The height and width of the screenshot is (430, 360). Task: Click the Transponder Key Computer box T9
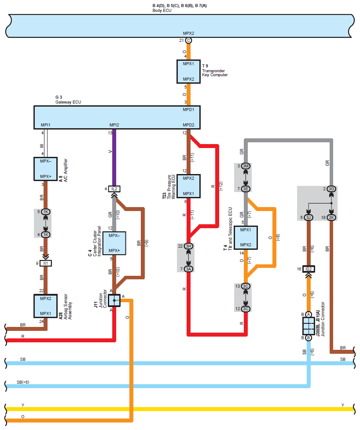188,71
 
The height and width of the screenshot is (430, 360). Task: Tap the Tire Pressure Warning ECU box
188,186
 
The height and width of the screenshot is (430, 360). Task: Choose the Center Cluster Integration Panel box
114,244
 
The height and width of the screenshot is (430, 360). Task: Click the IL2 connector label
114,189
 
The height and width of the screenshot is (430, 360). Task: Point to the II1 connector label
46,263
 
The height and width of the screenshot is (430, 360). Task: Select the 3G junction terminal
332,189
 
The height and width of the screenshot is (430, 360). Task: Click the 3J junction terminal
309,217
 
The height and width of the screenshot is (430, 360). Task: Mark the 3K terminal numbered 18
332,217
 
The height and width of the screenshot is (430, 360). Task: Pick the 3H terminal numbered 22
189,246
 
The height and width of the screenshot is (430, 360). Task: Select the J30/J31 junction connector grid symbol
309,326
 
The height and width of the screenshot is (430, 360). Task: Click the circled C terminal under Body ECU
188,41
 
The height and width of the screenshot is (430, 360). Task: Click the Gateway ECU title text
68,102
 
